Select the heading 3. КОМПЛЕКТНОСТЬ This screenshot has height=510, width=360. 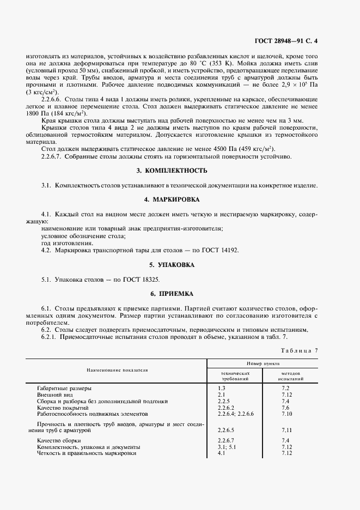tap(179, 171)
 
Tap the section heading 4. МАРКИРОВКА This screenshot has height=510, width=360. tap(179, 199)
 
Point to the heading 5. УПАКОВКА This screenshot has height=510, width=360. tap(179, 265)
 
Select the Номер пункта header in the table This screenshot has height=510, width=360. tap(263, 362)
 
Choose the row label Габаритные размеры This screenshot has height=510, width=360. tap(64, 388)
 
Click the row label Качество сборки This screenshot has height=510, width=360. tap(59, 440)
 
